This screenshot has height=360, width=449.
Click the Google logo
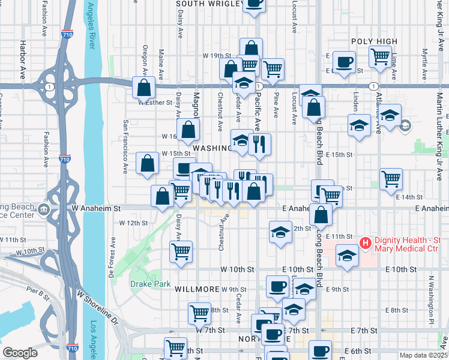(20, 353)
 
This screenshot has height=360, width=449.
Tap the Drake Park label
(150, 284)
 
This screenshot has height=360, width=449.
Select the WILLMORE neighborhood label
(197, 289)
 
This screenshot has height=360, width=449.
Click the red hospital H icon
(364, 243)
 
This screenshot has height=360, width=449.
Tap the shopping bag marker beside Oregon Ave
(144, 88)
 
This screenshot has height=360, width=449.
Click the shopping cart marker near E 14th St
(391, 178)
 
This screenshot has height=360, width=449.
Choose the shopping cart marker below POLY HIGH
(379, 57)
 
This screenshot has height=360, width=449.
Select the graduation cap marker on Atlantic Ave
(390, 115)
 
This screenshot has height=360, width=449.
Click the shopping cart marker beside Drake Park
(181, 251)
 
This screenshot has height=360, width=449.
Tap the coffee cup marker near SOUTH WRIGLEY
(255, 4)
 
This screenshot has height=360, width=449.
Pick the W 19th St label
(212, 55)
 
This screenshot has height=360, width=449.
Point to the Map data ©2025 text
(423, 355)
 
